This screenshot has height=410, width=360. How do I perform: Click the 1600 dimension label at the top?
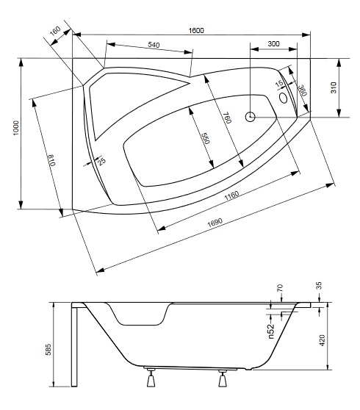point(196,31)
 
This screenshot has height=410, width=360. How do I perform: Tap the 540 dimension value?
point(154,45)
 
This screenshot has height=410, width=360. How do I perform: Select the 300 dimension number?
point(274,43)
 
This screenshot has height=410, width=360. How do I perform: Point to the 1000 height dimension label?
point(16,128)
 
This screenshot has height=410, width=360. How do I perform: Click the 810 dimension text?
point(51,160)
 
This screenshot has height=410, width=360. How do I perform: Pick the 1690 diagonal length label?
point(215,222)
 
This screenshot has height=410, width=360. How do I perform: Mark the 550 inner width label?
point(206,138)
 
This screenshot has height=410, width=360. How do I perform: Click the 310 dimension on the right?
point(334,87)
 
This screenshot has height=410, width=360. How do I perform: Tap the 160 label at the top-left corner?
point(55,31)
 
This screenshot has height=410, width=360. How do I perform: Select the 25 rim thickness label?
point(101,161)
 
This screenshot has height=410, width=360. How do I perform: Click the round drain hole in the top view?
point(251,117)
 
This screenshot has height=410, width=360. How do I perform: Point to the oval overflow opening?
point(284,98)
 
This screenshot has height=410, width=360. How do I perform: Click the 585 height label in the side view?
point(48,349)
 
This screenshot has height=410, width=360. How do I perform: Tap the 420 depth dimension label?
point(323,340)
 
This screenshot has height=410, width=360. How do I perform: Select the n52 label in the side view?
point(272,331)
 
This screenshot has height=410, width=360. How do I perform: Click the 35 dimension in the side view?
point(319,286)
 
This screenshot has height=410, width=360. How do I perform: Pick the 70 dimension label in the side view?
point(280,288)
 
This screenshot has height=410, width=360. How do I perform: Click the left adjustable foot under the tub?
point(151,378)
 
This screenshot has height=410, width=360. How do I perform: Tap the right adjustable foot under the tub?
point(223,378)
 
